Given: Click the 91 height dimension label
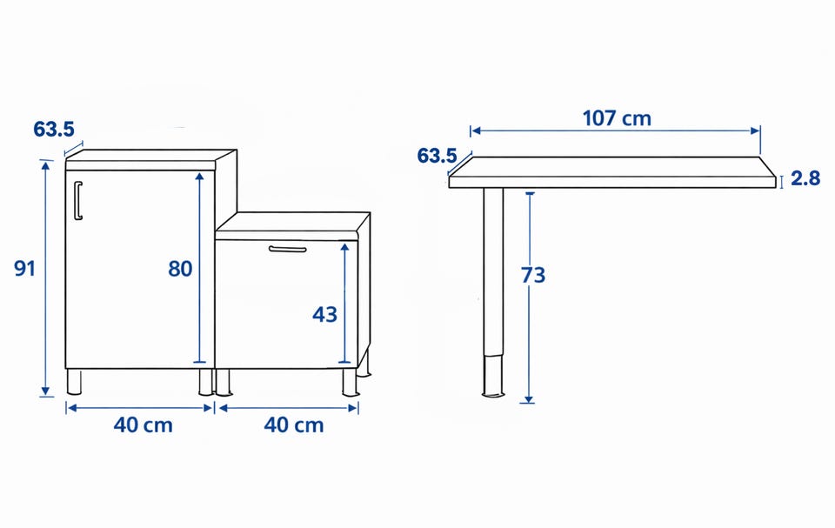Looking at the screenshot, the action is coord(24,268).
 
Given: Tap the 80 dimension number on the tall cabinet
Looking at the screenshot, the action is coord(180,269).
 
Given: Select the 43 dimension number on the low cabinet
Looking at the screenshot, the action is coord(324,315).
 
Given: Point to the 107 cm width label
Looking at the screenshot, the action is coord(617,118).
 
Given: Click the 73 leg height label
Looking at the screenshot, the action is coord(533,275).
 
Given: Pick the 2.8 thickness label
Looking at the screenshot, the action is coord(805,178).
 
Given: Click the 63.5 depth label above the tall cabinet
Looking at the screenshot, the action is coord(54,129).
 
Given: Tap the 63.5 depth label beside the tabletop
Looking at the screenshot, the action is coord(437,156).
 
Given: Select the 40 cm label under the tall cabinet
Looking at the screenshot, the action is coord(144,425).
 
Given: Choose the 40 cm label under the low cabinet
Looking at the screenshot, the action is coord(294,425).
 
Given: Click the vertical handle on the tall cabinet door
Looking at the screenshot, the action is coord(77,200).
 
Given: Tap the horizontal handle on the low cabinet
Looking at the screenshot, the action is coord(288,249).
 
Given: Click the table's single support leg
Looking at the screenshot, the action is coord(493,292).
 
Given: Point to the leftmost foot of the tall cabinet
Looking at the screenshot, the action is coord(75,382).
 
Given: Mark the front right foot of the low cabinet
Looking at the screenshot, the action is coord(350,383).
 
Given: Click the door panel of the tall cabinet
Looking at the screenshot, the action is coord(139,269).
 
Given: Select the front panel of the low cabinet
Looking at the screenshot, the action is coord(286,304).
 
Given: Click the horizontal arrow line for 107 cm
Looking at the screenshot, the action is coord(615,130).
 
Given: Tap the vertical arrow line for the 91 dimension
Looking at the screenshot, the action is coord(46,278).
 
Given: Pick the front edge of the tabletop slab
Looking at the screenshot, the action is coord(612,182).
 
